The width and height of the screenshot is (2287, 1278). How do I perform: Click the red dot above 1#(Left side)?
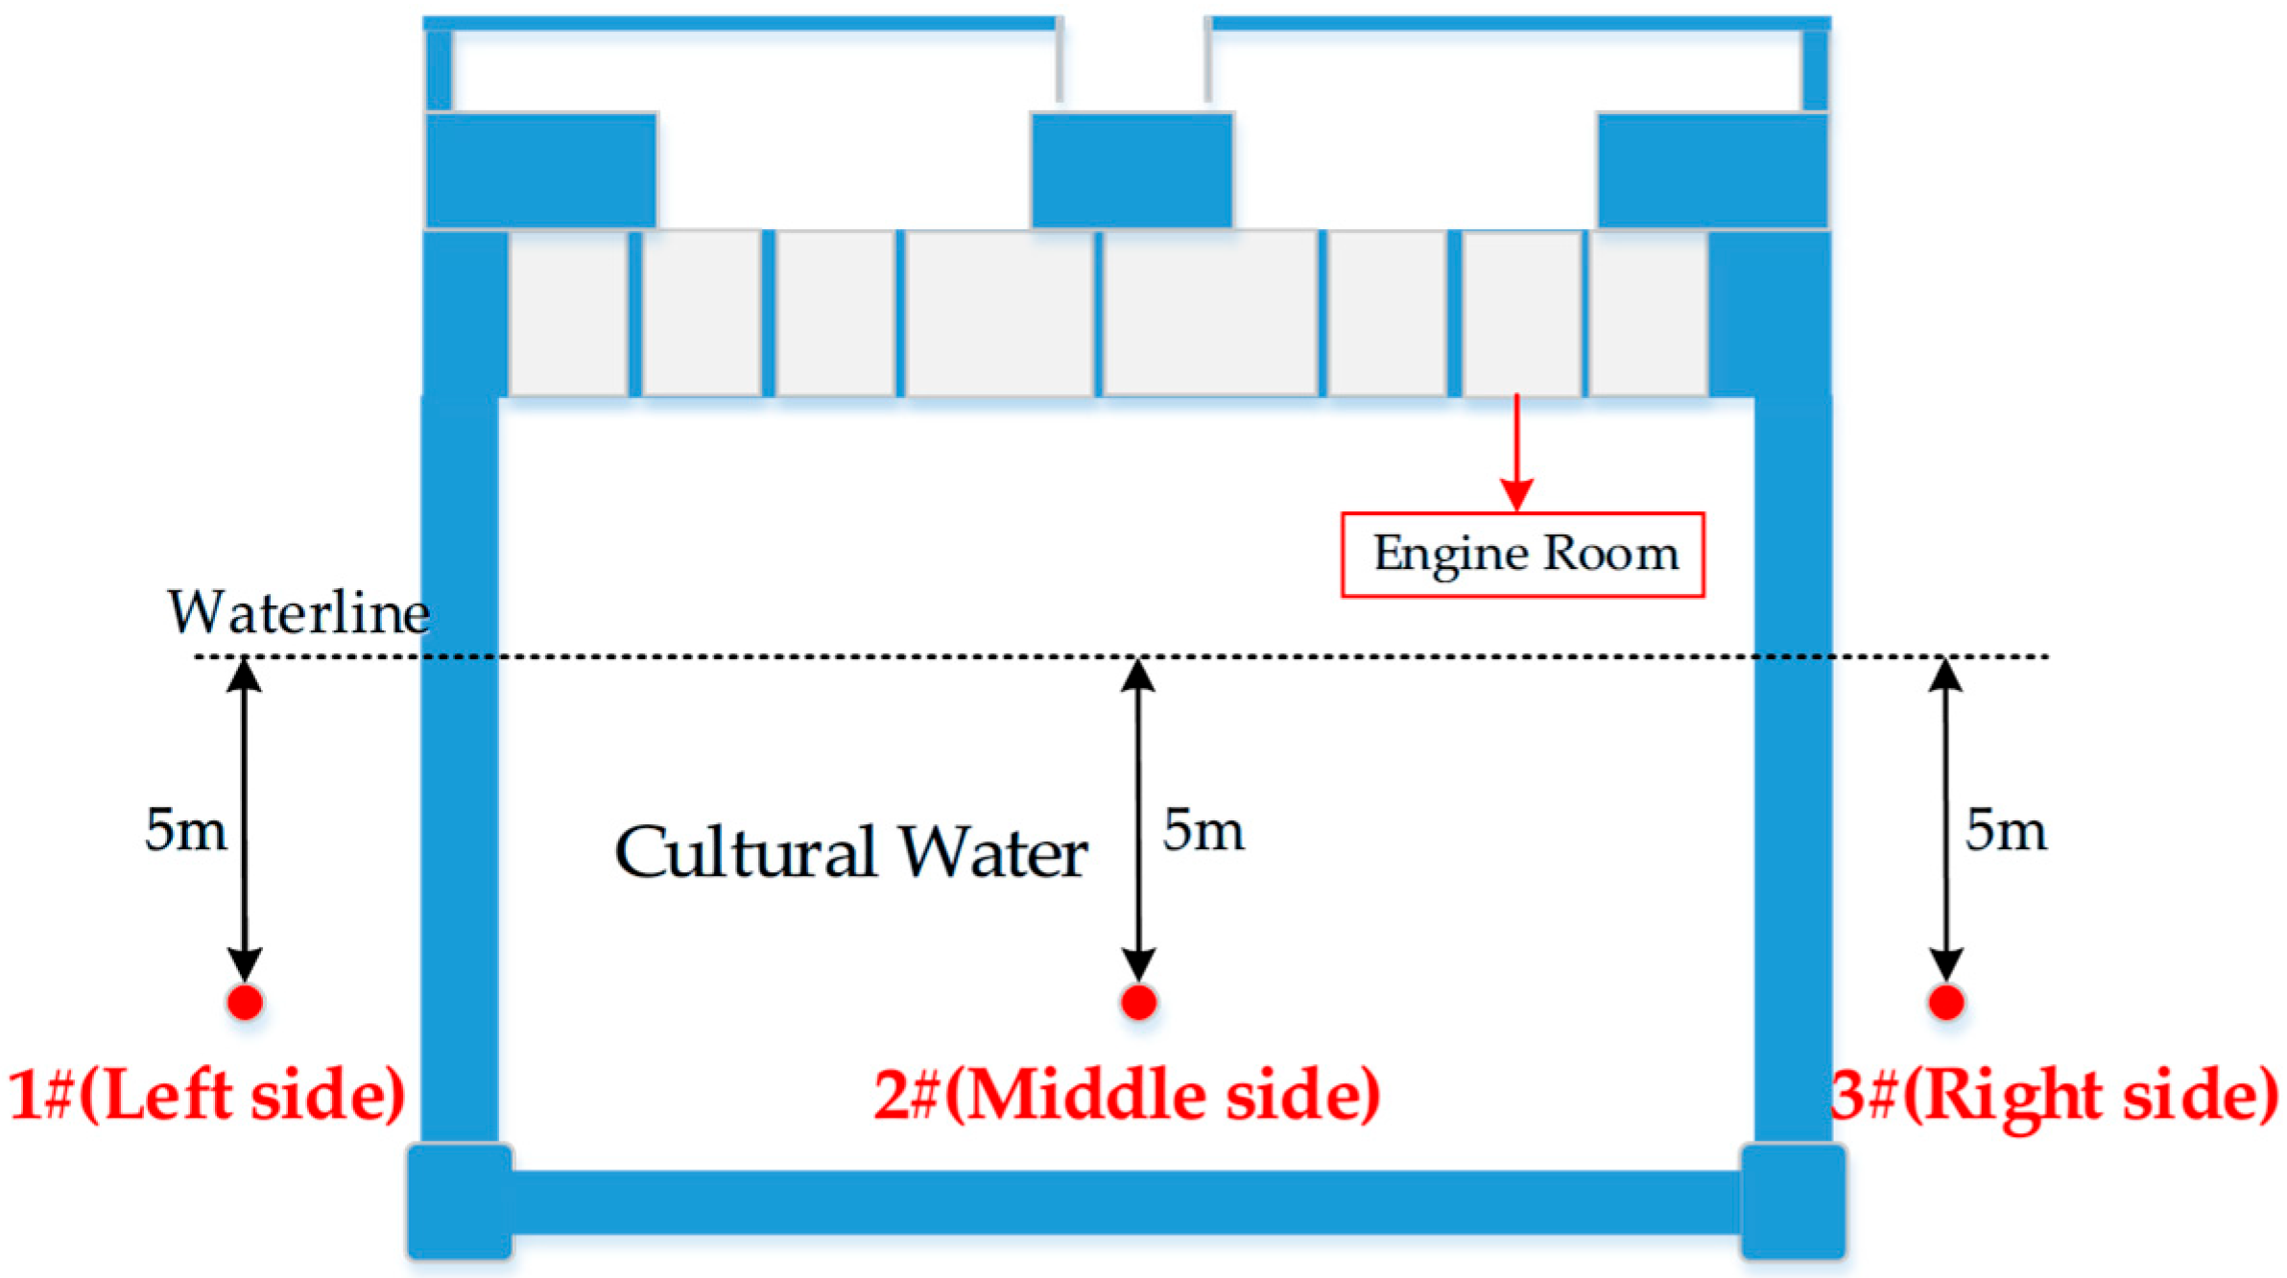point(245,1003)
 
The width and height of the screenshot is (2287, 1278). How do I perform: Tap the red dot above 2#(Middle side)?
point(1138,1003)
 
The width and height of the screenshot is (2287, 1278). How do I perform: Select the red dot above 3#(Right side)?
point(1945,1003)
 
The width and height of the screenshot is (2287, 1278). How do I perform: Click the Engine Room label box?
point(1522,555)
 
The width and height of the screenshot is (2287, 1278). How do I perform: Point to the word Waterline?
point(298,612)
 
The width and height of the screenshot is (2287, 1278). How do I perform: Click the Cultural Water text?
point(850,852)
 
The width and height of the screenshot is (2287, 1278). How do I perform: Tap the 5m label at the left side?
point(185,830)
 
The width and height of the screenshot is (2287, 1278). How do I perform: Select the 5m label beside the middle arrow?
point(1203,830)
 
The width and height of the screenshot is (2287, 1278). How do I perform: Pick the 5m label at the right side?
point(2005,830)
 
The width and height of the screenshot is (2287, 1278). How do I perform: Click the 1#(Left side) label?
point(206,1095)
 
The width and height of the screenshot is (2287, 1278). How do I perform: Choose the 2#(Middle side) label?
point(1127,1095)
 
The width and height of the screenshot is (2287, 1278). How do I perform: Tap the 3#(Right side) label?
point(2054,1095)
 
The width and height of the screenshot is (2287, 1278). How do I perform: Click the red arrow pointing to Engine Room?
point(1516,451)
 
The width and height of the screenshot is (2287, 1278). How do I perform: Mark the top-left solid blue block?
point(541,170)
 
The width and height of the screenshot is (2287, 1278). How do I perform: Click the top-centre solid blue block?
point(1132,170)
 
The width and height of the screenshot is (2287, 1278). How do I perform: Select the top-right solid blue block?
point(1712,170)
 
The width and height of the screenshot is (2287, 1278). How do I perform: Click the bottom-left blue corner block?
point(460,1200)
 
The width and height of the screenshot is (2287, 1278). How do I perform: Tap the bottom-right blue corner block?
point(1793,1200)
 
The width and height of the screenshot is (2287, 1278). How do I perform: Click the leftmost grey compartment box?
point(568,313)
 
